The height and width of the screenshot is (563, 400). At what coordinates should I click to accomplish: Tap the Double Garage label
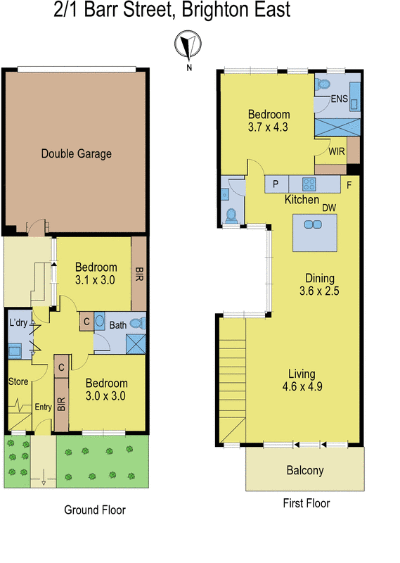[77, 154]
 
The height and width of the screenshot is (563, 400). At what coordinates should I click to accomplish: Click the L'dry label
[19, 322]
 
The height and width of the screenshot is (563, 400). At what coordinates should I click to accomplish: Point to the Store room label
[18, 381]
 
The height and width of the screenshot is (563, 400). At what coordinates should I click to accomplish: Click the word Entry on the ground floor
[44, 406]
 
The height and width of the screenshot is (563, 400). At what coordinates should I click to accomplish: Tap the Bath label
[117, 324]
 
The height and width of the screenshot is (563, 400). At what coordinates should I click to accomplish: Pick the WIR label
[337, 150]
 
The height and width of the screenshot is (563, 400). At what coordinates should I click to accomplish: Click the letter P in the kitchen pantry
[276, 184]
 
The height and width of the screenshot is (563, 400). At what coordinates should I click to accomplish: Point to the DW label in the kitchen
[328, 208]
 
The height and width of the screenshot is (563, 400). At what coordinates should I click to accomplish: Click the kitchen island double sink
[311, 224]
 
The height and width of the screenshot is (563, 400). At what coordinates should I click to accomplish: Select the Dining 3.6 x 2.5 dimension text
[319, 290]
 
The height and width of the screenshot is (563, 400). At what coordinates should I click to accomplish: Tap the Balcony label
[305, 470]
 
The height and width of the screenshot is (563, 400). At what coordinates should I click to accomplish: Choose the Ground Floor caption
[95, 510]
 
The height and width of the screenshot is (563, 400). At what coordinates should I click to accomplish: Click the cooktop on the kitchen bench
[310, 184]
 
